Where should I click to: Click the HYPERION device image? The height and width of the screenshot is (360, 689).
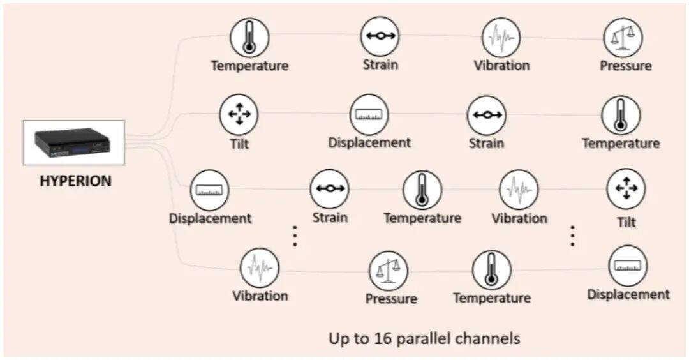pyautogui.click(x=73, y=142)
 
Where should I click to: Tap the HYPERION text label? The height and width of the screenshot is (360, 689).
pyautogui.click(x=75, y=181)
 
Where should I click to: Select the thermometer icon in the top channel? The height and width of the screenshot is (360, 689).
pyautogui.click(x=249, y=38)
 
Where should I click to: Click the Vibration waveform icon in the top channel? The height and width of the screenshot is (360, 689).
pyautogui.click(x=501, y=37)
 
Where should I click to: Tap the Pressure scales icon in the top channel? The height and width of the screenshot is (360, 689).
pyautogui.click(x=623, y=38)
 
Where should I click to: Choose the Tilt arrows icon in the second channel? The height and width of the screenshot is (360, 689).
pyautogui.click(x=239, y=115)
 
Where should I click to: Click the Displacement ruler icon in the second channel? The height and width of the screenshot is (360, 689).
pyautogui.click(x=369, y=115)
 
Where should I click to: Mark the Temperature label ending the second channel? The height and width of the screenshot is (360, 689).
pyautogui.click(x=621, y=143)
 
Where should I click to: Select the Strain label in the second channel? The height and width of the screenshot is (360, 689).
pyautogui.click(x=487, y=143)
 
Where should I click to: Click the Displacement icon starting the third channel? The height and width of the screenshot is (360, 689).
pyautogui.click(x=209, y=190)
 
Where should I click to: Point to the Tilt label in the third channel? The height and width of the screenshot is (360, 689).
pyautogui.click(x=626, y=222)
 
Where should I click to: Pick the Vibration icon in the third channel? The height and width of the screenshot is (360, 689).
pyautogui.click(x=519, y=190)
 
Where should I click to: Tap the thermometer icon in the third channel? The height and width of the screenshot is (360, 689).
pyautogui.click(x=422, y=190)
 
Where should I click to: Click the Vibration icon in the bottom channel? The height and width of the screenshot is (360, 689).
pyautogui.click(x=260, y=268)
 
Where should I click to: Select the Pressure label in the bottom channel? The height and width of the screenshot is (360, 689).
pyautogui.click(x=391, y=298)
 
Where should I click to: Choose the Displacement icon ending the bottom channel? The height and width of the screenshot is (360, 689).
pyautogui.click(x=628, y=266)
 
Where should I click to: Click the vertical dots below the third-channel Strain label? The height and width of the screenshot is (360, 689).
pyautogui.click(x=295, y=236)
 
